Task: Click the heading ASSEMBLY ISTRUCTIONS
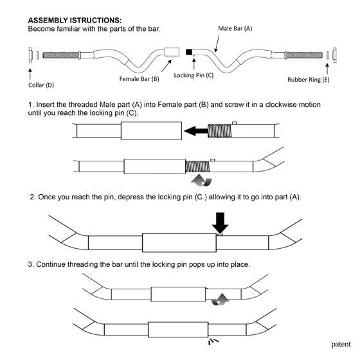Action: tap(75, 20)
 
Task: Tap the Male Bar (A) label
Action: tap(235, 28)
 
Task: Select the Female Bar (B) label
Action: tap(139, 78)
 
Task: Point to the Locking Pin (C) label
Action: tap(194, 75)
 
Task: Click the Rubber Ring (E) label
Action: tap(309, 80)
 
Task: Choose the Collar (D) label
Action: tap(41, 85)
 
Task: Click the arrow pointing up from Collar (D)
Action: tap(30, 73)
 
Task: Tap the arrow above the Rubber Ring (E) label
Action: tap(327, 69)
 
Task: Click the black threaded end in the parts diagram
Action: tap(189, 52)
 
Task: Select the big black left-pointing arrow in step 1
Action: tap(196, 131)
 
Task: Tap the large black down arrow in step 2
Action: tap(220, 222)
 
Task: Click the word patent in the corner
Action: tap(341, 344)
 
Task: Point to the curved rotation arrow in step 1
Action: tap(202, 181)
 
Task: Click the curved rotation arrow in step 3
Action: tap(220, 300)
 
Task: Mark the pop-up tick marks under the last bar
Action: tap(213, 341)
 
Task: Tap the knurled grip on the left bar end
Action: tap(61, 55)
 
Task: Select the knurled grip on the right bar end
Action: tap(304, 55)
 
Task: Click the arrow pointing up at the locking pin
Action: tap(194, 64)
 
